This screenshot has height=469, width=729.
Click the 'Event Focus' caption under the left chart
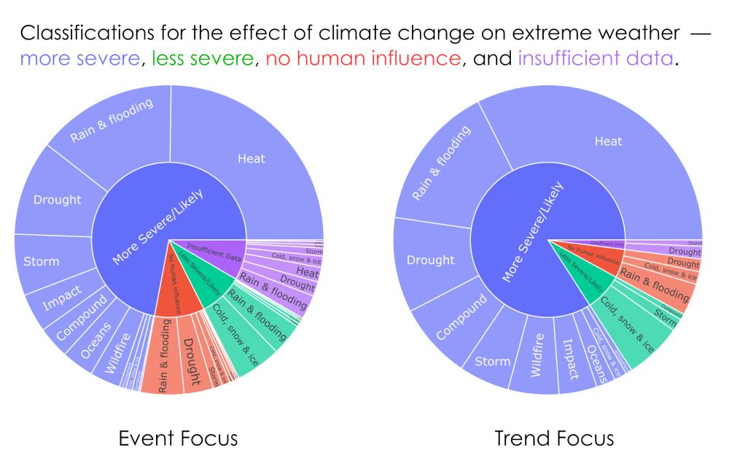coord(178,438)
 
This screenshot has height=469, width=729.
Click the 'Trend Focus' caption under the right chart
coord(554,438)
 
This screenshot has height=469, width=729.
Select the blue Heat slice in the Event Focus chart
coord(252,158)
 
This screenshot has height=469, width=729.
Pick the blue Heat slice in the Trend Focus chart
coord(608,141)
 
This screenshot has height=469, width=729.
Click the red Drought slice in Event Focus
coord(191,362)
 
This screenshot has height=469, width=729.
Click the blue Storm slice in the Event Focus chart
coord(42,261)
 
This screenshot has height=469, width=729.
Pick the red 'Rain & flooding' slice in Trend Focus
coord(655,287)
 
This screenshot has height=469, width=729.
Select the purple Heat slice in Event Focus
coord(307,273)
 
